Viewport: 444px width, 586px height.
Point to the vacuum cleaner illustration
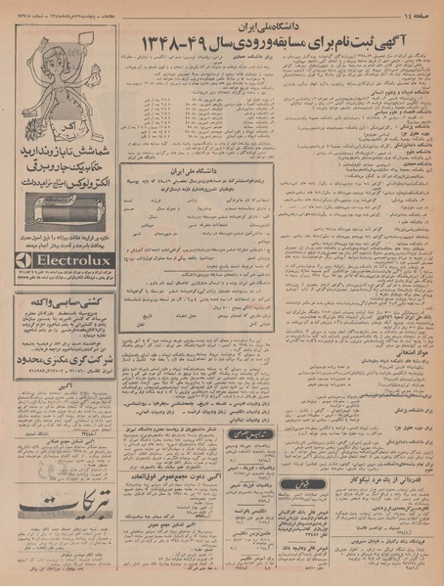click(63, 212)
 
